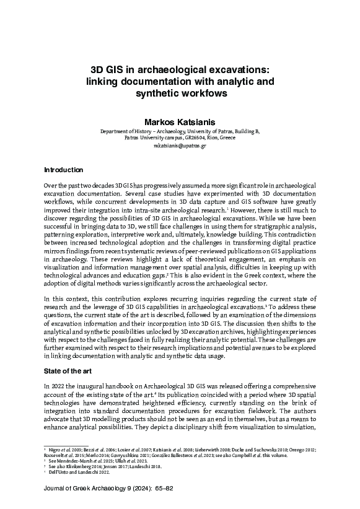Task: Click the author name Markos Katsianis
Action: click(180, 122)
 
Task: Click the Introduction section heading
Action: click(63, 170)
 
